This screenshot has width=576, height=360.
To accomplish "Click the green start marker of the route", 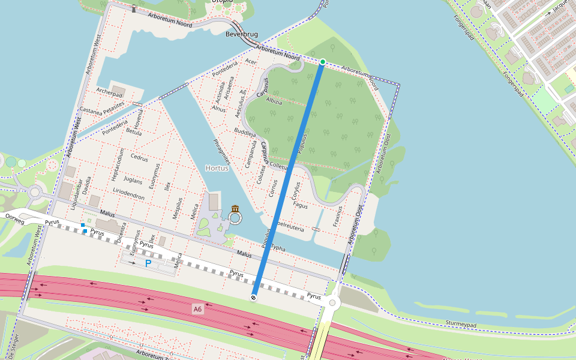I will [x=322, y=62].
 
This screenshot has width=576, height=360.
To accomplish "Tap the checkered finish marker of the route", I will [x=254, y=297].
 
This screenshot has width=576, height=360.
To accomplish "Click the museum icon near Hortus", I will [x=235, y=209].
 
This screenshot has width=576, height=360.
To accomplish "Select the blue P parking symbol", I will [x=148, y=263].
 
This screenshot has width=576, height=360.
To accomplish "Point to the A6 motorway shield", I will [x=197, y=309].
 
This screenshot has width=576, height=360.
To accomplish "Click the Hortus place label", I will [x=217, y=169].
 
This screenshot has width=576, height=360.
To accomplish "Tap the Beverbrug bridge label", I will [x=242, y=34].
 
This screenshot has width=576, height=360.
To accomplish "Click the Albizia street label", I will [x=274, y=101].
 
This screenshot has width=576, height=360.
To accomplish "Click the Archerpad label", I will [x=109, y=93].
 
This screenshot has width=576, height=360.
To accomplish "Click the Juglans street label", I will [x=132, y=180].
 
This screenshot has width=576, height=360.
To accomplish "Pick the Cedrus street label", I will [x=139, y=158].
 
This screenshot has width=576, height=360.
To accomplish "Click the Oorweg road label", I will [x=14, y=218].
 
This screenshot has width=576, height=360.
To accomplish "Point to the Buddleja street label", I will [x=245, y=131].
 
